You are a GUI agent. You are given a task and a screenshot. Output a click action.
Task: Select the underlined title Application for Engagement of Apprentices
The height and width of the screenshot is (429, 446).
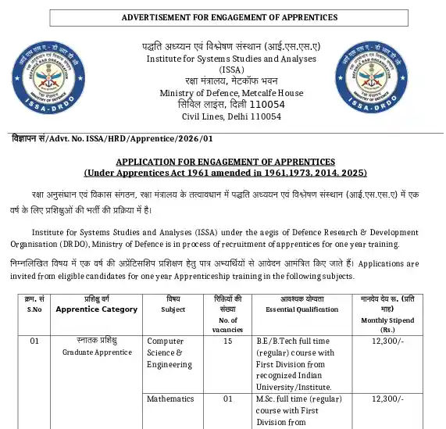225,160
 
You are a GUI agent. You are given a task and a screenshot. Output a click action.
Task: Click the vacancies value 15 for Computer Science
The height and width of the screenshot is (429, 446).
228,341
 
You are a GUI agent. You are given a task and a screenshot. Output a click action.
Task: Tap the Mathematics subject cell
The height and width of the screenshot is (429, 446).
170,399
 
